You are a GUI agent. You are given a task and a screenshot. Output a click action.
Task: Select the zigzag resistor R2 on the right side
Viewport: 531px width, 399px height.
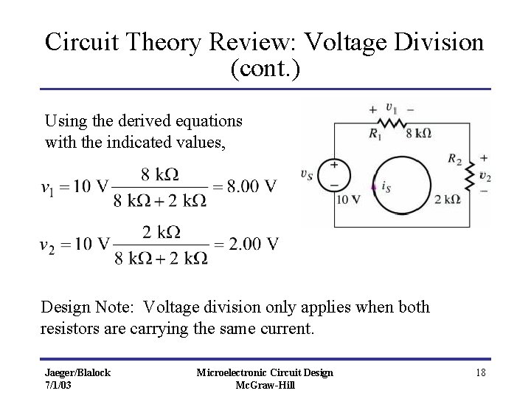[468, 176]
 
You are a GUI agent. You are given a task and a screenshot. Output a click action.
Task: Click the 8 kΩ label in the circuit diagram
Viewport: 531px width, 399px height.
[418, 134]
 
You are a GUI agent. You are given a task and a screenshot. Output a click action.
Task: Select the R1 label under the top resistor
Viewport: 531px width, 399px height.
[375, 134]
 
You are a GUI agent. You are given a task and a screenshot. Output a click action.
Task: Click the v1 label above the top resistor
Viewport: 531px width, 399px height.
[392, 109]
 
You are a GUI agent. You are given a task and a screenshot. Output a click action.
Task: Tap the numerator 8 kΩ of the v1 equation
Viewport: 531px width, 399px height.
[160, 175]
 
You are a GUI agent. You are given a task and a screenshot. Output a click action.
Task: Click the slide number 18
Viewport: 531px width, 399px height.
[480, 372]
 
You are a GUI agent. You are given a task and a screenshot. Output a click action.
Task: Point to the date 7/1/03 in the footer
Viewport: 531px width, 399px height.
[58, 386]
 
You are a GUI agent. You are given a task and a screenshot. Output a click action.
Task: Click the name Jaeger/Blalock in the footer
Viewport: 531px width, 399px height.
[76, 372]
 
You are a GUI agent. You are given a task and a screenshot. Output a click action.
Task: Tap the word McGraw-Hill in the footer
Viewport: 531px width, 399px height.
[264, 386]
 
